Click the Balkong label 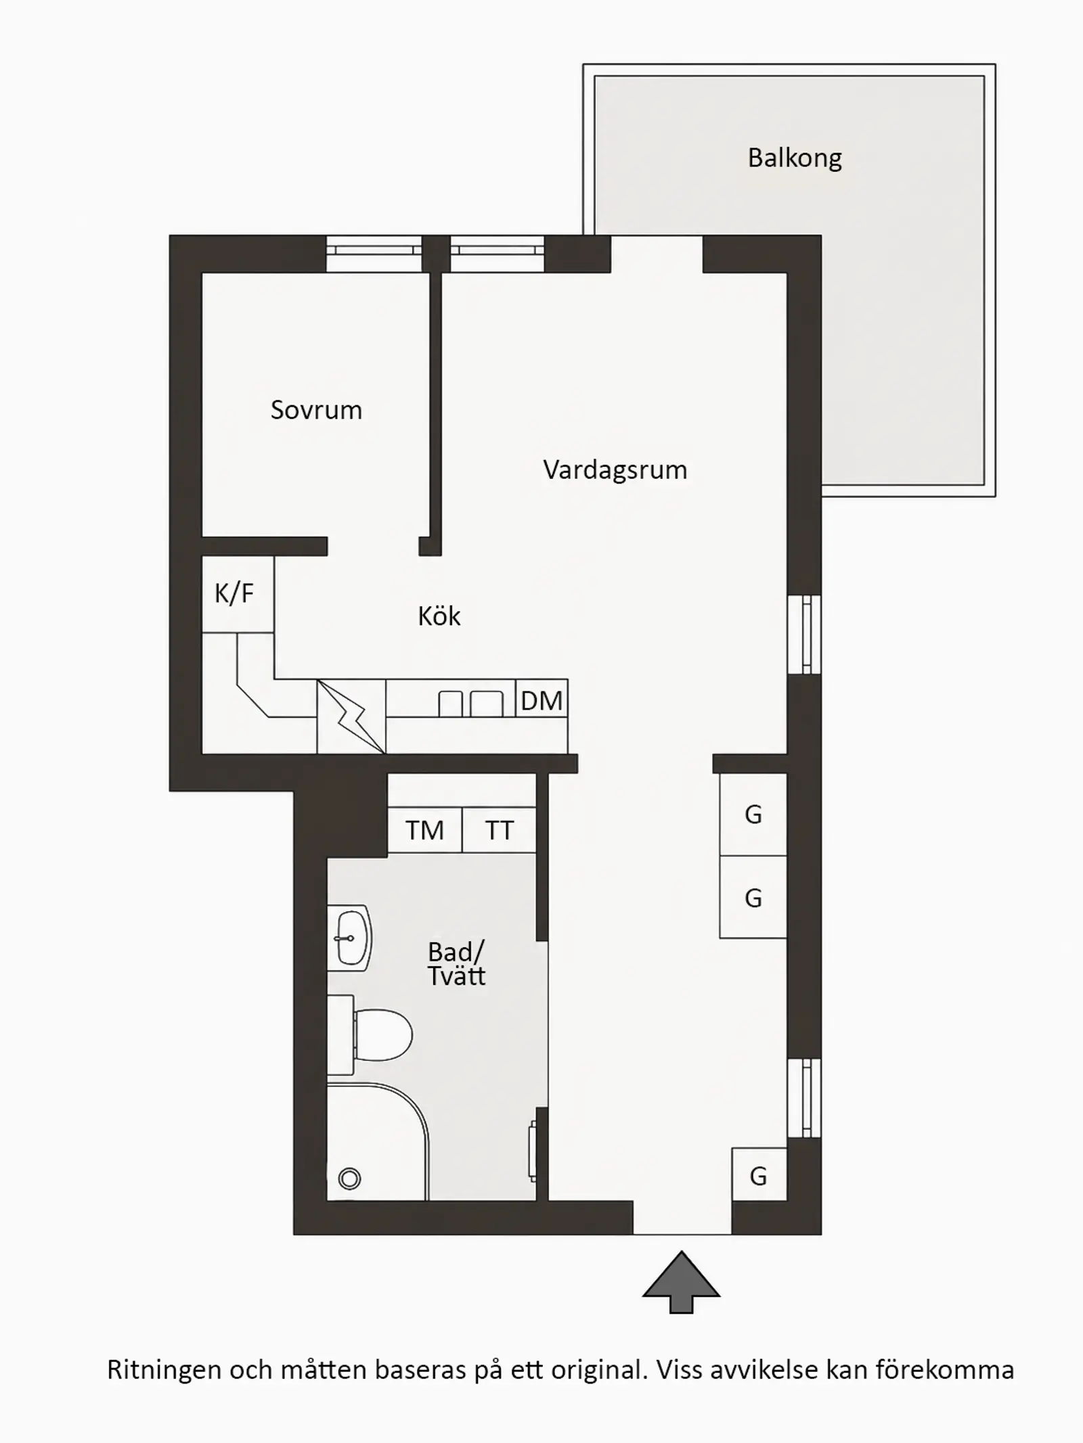coord(795,158)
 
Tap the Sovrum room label coord(316,410)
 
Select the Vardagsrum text coord(615,470)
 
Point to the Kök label coord(439,616)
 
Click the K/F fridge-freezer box coord(238,594)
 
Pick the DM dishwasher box coord(541,699)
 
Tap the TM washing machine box coord(424,830)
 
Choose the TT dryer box coord(500,830)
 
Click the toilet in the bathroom coord(370,1035)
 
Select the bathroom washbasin coord(349,938)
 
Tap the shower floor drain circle coord(349,1179)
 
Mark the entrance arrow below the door coord(681,1282)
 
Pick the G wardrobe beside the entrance coord(759,1175)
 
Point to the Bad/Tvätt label coord(456,964)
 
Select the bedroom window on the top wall coord(374,254)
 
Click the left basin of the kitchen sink coord(451,704)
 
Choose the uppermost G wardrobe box coord(753,815)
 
